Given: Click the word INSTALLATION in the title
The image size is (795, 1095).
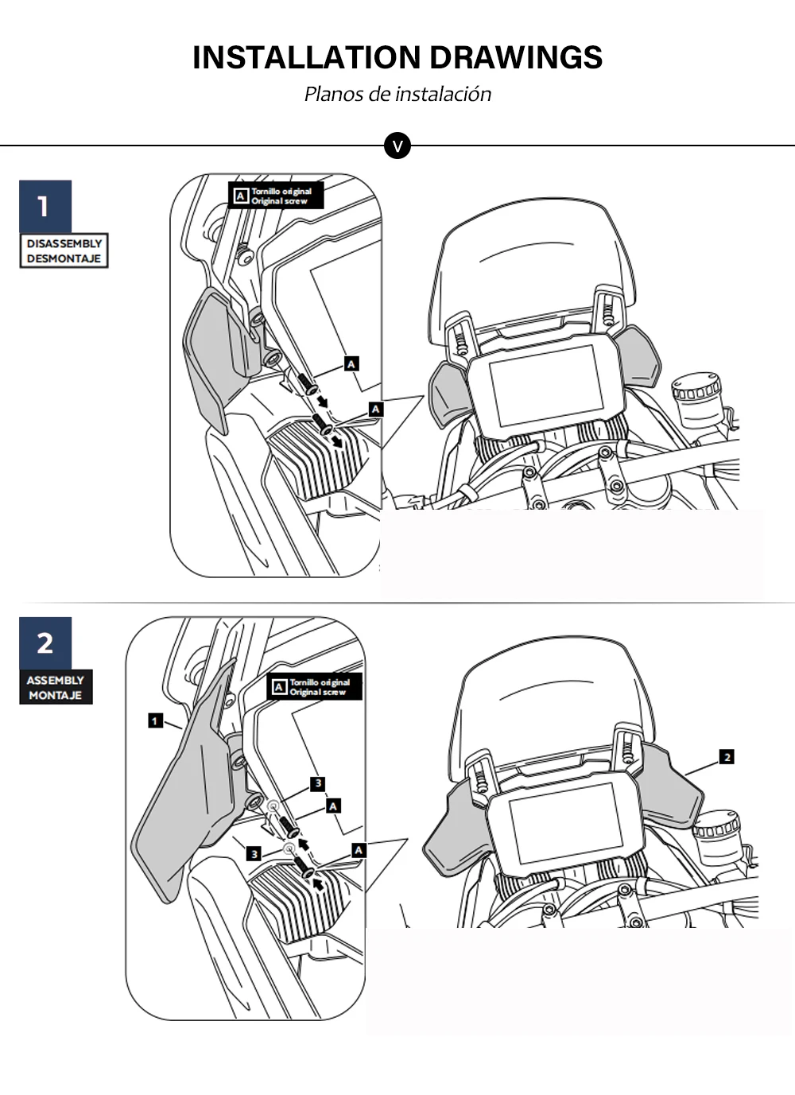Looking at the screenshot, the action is coord(307,57).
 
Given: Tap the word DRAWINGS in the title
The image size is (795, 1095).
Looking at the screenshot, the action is coord(516,57).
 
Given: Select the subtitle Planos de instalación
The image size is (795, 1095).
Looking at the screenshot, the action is coord(397,94).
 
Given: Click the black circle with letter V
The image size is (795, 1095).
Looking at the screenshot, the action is coord(397,146).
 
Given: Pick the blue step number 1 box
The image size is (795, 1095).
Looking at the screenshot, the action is coord(45,206).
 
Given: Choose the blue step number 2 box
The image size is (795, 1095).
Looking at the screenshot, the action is coord(45,643).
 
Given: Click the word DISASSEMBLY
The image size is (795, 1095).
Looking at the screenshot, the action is coord(64,243).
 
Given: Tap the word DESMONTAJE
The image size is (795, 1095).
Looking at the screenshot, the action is coord(64,258).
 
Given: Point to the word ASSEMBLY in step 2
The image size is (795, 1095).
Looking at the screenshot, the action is coord(55,680).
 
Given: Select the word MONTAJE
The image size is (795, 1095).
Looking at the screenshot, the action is coord(55,695).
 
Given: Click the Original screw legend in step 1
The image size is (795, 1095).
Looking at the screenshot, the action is coord(276,196).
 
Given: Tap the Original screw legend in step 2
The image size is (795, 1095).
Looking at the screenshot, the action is coord(314,687).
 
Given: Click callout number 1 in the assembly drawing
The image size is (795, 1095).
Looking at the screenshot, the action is coord(155,720).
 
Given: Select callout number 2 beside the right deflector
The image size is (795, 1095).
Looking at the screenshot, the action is coord(727,757).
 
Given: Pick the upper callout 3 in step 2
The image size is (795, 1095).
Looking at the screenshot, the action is coord(318,783).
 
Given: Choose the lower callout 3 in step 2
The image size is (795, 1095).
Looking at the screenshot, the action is coord(253,854).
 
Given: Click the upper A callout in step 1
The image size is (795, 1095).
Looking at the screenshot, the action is coord(351,363).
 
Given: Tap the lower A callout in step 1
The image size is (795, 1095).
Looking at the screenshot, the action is coord(375,410).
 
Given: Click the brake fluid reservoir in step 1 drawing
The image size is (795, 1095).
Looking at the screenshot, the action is coord(696,403).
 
